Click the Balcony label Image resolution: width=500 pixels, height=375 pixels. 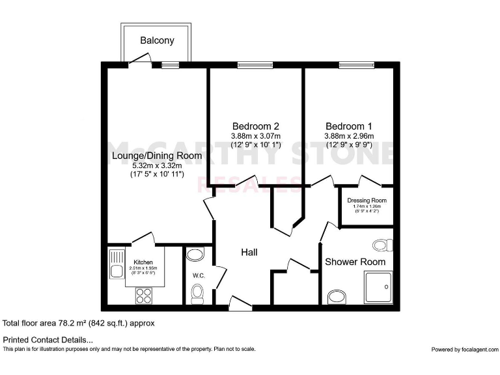pyautogui.click(x=157, y=40)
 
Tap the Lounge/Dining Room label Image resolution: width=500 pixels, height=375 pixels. pyautogui.click(x=156, y=156)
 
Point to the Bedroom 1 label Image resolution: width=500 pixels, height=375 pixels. pyautogui.click(x=349, y=126)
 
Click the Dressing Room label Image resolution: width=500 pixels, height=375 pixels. pyautogui.click(x=367, y=201)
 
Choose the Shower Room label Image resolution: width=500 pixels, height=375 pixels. pyautogui.click(x=355, y=262)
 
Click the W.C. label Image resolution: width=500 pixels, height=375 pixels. pyautogui.click(x=199, y=276)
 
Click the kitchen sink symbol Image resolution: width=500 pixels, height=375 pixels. pyautogui.click(x=117, y=266)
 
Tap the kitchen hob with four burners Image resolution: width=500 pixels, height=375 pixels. pyautogui.click(x=143, y=295)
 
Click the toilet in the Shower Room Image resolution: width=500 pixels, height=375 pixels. pyautogui.click(x=383, y=245)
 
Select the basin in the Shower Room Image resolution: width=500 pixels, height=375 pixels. pyautogui.click(x=337, y=298)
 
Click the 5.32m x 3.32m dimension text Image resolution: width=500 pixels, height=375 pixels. pyautogui.click(x=156, y=166)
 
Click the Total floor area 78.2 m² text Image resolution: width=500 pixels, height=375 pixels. pyautogui.click(x=79, y=323)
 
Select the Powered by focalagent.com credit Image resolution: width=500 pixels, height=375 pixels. pyautogui.click(x=464, y=350)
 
